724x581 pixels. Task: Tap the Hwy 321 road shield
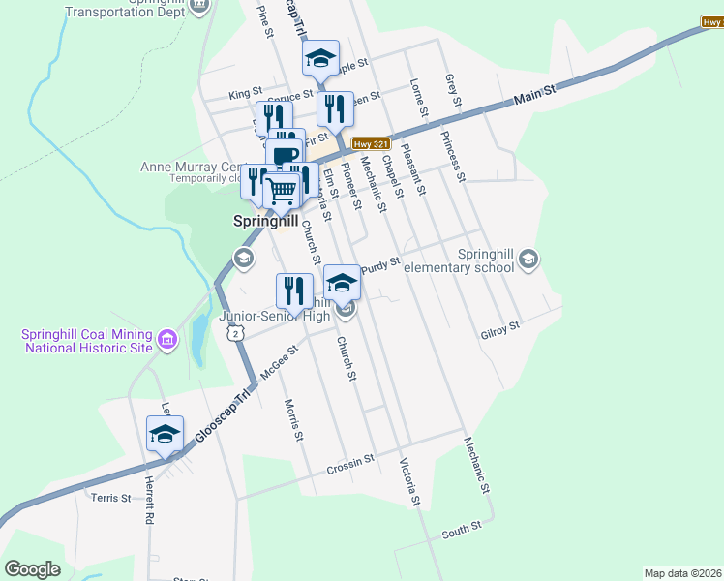(364, 144)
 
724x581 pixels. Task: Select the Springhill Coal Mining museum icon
(167, 340)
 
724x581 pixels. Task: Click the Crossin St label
(349, 464)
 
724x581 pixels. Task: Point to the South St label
(461, 530)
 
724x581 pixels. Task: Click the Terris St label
(110, 498)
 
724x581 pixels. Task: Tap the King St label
(245, 94)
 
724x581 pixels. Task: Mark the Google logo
(32, 569)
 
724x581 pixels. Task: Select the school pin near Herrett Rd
(165, 434)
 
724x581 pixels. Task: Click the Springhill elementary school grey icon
(528, 258)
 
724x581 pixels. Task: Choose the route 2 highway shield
(234, 333)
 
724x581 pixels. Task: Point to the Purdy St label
(380, 262)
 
